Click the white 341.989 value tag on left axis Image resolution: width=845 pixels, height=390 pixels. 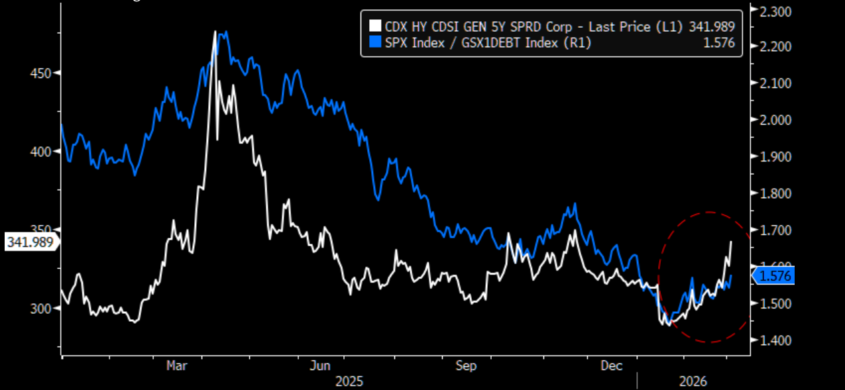pos(30,242)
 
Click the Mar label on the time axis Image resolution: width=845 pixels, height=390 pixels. pos(176,366)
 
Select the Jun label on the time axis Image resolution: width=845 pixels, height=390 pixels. pos(321,366)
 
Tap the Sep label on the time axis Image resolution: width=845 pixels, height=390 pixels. pos(467,366)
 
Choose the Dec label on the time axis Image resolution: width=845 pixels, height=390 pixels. pos(612,366)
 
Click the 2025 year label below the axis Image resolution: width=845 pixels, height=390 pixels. pos(349,381)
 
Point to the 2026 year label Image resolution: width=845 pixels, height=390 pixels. pos(693,381)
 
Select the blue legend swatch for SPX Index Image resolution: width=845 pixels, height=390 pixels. pos(374,43)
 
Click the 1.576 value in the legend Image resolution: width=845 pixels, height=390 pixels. pos(722,43)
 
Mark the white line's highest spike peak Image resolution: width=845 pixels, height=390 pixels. pos(215,31)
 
